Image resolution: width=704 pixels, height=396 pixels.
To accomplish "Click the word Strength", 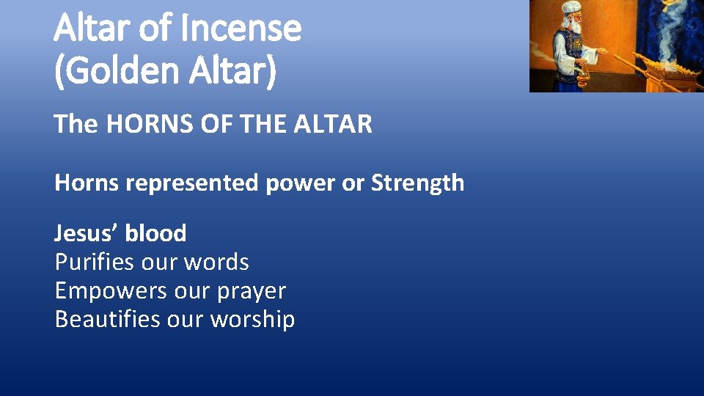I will point(417,183).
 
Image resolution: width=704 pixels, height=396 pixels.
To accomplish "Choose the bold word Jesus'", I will point(86,233).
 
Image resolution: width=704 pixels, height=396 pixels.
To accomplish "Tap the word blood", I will point(155,233).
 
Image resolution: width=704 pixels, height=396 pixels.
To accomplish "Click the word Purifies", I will point(93,262).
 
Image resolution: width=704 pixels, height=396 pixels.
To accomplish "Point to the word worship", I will point(252,319).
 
